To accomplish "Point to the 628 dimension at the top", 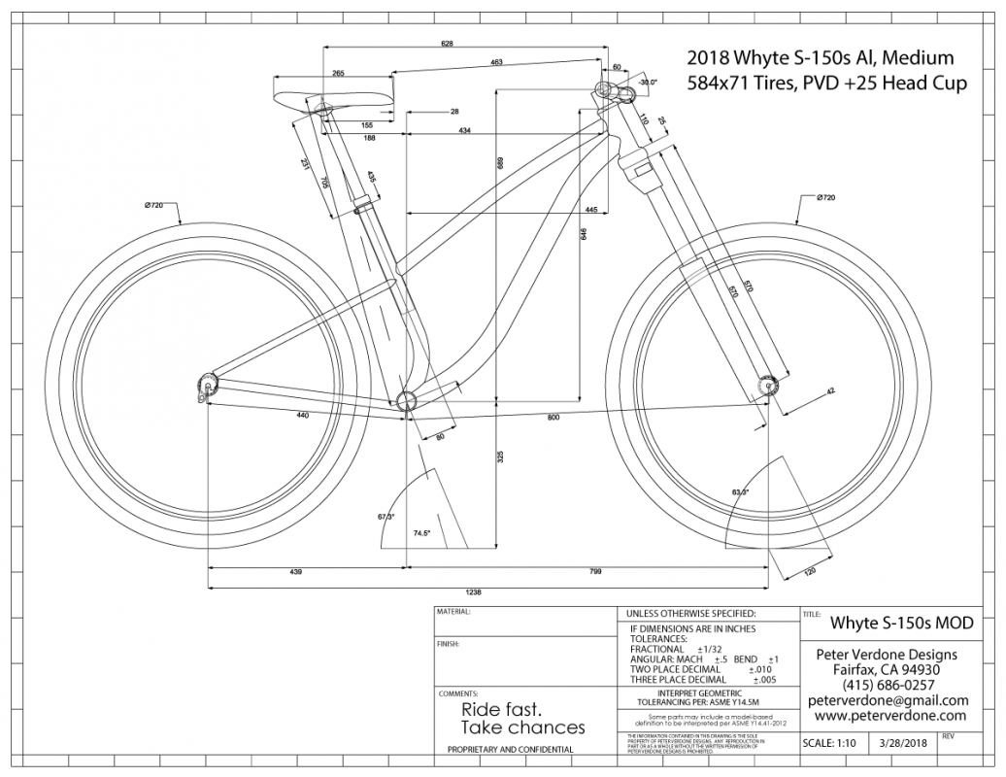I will (448, 44).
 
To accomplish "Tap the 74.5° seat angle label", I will (421, 534).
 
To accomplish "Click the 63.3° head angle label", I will (740, 493).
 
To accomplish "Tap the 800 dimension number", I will (553, 418).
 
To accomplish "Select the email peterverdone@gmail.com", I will (888, 700).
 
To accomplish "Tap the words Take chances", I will (522, 727).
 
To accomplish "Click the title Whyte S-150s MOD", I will (901, 623).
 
